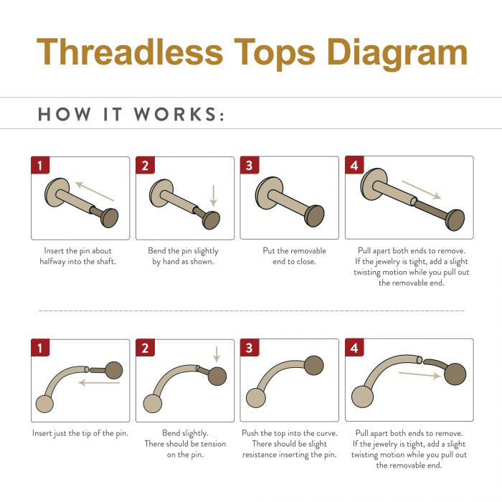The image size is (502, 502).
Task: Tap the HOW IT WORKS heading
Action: pyautogui.click(x=131, y=115)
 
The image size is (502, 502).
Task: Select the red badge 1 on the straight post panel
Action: pyautogui.click(x=39, y=166)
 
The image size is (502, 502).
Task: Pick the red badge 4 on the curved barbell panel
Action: pyautogui.click(x=354, y=349)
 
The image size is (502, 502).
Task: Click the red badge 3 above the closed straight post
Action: pyautogui.click(x=249, y=166)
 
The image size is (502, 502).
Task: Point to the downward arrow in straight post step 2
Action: pyautogui.click(x=213, y=194)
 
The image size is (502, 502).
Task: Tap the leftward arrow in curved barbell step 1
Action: pyautogui.click(x=98, y=383)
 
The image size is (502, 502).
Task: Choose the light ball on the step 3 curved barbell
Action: pyautogui.click(x=255, y=398)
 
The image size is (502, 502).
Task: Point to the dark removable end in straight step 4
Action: pyautogui.click(x=455, y=219)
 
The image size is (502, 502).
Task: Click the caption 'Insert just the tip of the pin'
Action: pyautogui.click(x=80, y=434)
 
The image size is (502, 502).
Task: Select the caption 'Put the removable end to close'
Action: pyautogui.click(x=290, y=257)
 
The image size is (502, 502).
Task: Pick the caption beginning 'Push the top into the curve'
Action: pyautogui.click(x=289, y=444)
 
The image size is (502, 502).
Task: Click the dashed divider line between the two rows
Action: pyautogui.click(x=251, y=311)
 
